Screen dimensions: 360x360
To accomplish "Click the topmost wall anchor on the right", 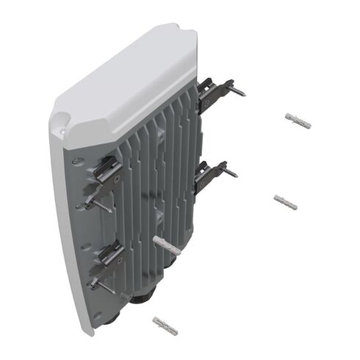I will (x=297, y=121).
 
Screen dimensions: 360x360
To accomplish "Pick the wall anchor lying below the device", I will (x=165, y=325).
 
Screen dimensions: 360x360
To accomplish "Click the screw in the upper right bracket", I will (x=235, y=90).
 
